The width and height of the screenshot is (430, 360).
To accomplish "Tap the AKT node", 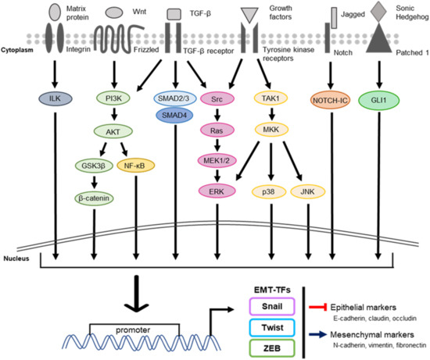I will (116, 132).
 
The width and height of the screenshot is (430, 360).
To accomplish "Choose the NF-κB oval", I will (138, 166).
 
